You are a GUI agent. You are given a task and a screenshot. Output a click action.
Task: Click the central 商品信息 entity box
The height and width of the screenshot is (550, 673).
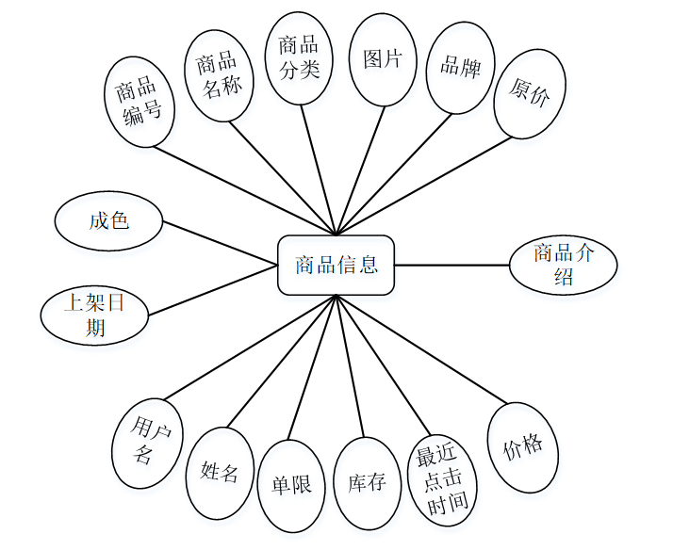[336, 265]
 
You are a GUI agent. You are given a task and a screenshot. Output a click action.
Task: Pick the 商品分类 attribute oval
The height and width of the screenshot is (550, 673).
[299, 57]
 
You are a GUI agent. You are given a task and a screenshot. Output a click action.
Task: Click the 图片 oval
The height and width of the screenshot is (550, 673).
[383, 59]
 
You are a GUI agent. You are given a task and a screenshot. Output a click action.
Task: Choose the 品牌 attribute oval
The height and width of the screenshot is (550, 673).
[460, 68]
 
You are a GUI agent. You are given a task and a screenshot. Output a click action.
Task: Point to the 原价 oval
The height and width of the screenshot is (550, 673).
[529, 93]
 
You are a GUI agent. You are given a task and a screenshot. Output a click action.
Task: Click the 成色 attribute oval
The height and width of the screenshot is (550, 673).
[108, 221]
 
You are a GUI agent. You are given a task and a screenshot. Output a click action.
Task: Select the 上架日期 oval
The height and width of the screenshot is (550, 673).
[94, 315]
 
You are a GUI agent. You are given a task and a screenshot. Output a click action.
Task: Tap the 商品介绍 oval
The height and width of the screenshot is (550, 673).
[563, 265]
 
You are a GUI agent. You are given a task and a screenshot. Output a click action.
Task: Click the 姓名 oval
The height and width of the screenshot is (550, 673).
[220, 472]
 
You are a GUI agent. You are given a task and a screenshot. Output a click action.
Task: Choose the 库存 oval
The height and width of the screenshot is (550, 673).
[367, 483]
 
